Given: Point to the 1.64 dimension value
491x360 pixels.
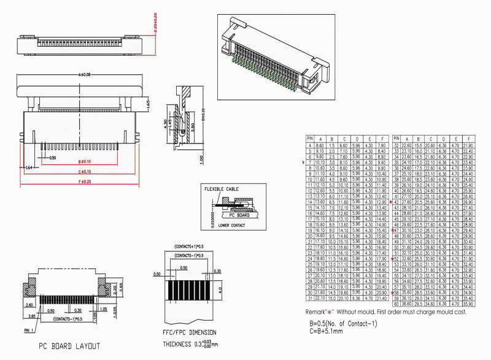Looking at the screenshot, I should point(28,167).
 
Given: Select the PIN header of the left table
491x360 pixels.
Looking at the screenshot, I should point(311,139).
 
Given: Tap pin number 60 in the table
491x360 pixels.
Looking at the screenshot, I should point(396,303).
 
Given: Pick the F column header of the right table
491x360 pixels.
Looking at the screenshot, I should point(468,139).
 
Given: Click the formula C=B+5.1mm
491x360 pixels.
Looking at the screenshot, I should point(334,332).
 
